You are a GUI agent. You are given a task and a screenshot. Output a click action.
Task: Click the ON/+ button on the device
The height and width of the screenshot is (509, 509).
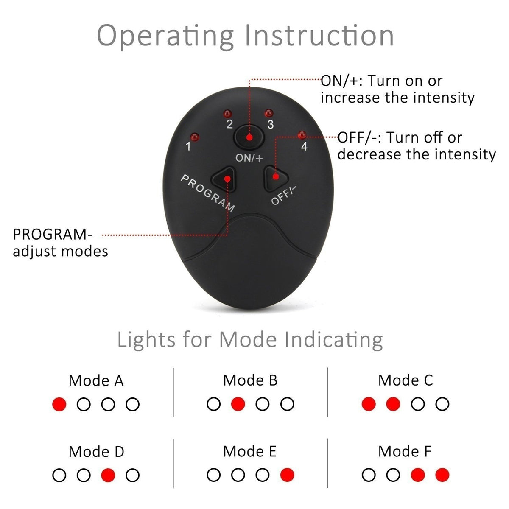click(249, 137)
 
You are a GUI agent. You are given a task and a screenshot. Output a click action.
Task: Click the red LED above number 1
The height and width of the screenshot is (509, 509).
click(195, 137)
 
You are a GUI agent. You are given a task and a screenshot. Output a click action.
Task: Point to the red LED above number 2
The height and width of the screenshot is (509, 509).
click(228, 113)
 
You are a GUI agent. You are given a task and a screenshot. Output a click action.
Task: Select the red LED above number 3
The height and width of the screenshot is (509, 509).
click(268, 113)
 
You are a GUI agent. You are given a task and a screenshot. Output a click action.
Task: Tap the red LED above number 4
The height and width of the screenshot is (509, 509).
click(302, 135)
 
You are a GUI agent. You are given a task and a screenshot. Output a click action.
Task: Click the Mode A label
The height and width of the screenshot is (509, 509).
click(96, 380)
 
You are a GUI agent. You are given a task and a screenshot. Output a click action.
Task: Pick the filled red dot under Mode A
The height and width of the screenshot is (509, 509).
click(59, 404)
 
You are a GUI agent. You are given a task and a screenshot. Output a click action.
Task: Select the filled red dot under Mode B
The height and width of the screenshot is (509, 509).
click(238, 404)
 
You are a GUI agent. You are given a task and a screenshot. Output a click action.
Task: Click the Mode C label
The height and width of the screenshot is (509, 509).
click(406, 380)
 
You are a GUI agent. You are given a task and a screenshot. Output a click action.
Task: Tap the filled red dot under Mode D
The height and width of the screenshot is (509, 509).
click(108, 475)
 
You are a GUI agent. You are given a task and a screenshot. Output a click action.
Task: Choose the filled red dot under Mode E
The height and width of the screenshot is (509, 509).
click(287, 475)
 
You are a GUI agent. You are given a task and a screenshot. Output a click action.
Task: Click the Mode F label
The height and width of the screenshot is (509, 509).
click(405, 452)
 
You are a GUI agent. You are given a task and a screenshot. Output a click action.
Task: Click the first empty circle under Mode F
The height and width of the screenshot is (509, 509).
click(369, 475)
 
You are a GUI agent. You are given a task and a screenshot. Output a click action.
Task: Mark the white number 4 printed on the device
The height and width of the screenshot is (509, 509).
click(304, 147)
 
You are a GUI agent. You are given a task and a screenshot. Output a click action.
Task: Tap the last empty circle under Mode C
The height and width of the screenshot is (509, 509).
click(442, 404)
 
